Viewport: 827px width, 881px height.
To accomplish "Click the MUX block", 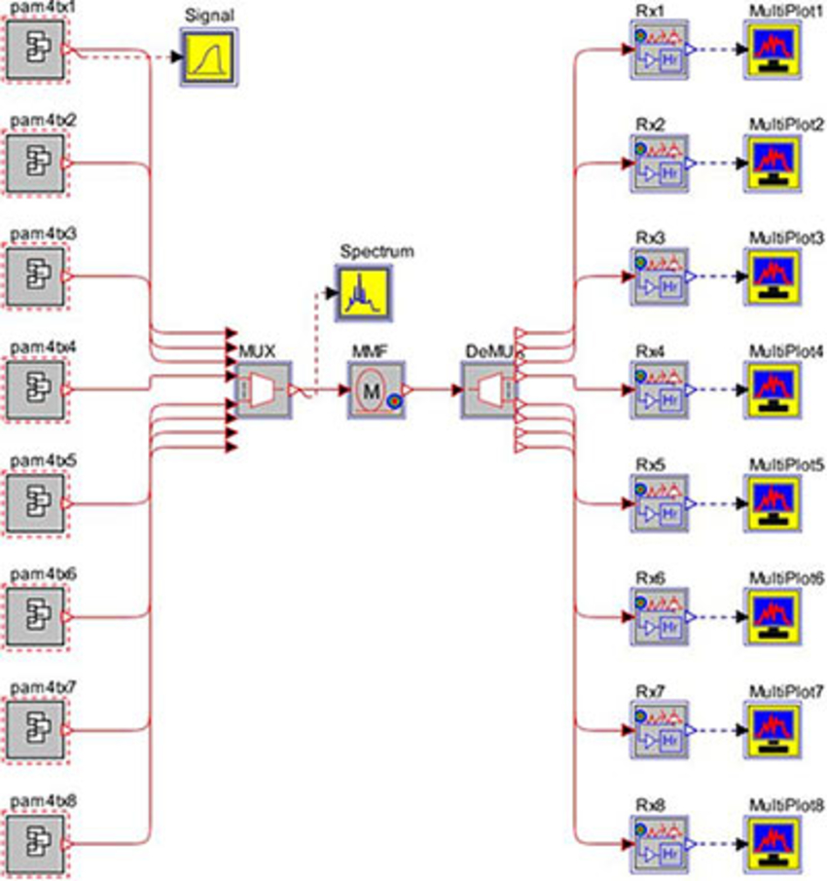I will coord(264,390).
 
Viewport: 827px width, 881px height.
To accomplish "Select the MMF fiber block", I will coord(376,390).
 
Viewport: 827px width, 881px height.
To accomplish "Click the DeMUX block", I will coord(488,390).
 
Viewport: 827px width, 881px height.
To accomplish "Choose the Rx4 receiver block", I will coord(660,390).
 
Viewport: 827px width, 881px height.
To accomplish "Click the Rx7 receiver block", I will coord(660,730).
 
